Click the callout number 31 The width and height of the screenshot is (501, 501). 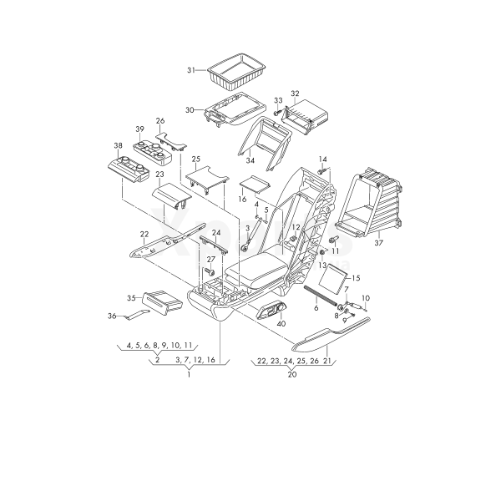pos(191,70)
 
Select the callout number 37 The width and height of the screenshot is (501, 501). pos(378,243)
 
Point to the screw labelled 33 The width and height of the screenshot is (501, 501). pos(277,113)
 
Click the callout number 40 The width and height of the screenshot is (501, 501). pos(281,324)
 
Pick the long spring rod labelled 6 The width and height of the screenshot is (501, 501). pos(320,296)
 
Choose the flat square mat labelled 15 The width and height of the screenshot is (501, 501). pos(333,278)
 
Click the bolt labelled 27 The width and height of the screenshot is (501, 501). pos(210,272)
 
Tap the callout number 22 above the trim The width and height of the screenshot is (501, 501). pos(144,234)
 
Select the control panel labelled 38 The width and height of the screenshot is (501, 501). pos(128,169)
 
